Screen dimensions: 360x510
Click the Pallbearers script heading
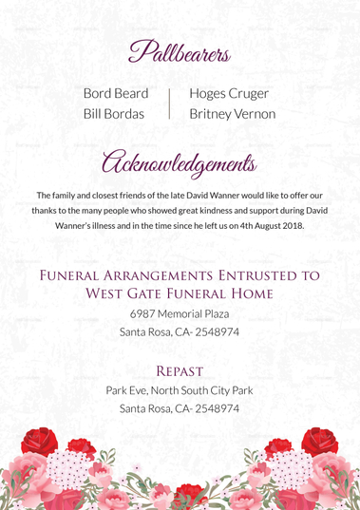[x=180, y=48]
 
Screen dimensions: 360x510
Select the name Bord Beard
[x=116, y=93]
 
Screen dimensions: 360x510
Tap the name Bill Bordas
[x=114, y=114]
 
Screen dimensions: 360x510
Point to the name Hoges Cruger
[x=229, y=93]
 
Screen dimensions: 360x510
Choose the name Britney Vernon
[x=233, y=114]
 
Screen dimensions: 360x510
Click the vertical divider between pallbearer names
[x=170, y=104]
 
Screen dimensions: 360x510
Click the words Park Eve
[x=127, y=389]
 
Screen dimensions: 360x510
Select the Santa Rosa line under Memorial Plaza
[x=180, y=332]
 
